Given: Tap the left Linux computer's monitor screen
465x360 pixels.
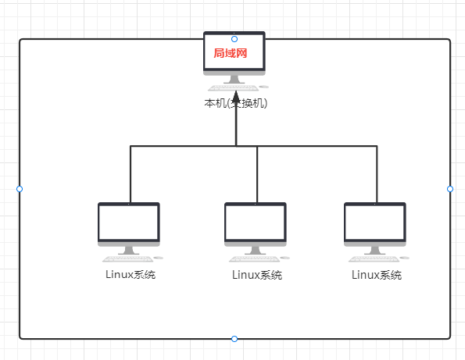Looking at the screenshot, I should click(x=129, y=224).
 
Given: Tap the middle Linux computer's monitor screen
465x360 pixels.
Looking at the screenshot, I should click(x=256, y=224).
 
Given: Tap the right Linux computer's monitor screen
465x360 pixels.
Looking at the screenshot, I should click(x=375, y=224).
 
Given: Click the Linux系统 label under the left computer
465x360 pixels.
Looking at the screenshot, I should click(x=131, y=274).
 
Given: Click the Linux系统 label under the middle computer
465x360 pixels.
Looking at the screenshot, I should click(x=257, y=274).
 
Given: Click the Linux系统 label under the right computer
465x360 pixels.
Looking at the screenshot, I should click(x=377, y=274).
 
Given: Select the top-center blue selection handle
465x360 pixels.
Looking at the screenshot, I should click(x=234, y=38).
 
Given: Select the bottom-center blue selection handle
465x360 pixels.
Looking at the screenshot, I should click(x=234, y=338).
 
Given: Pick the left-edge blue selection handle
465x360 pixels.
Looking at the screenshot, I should click(x=20, y=188).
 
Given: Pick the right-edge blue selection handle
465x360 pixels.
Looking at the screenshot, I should click(x=450, y=188).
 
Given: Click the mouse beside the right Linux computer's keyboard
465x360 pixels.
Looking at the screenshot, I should click(x=399, y=258).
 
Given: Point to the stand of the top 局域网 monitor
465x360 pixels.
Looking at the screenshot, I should click(x=234, y=79).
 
